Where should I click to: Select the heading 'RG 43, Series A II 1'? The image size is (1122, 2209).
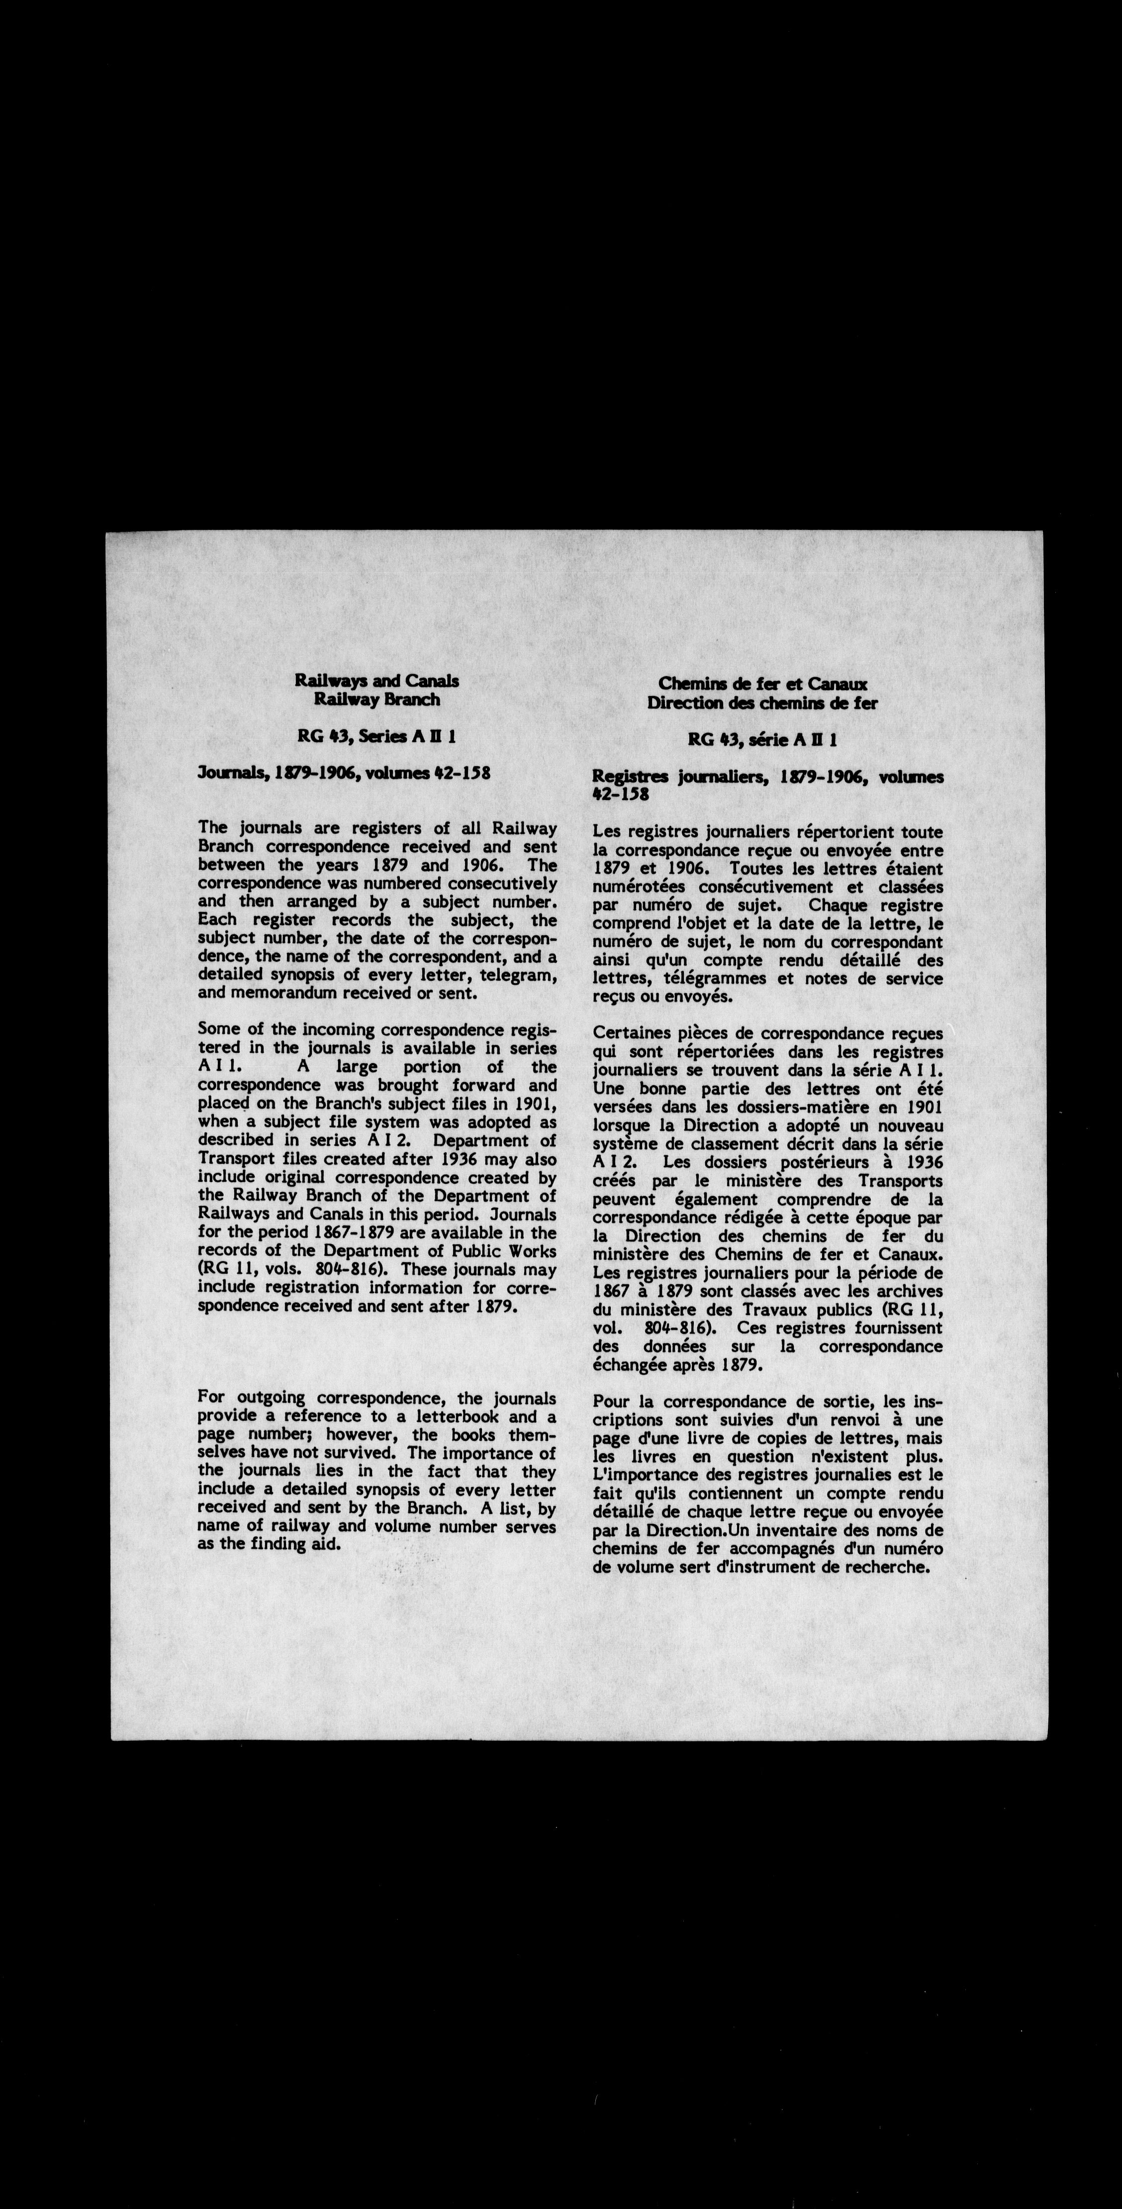[376, 736]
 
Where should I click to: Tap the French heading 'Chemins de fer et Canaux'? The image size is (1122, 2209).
[763, 684]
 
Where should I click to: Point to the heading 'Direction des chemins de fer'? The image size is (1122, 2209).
[763, 703]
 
